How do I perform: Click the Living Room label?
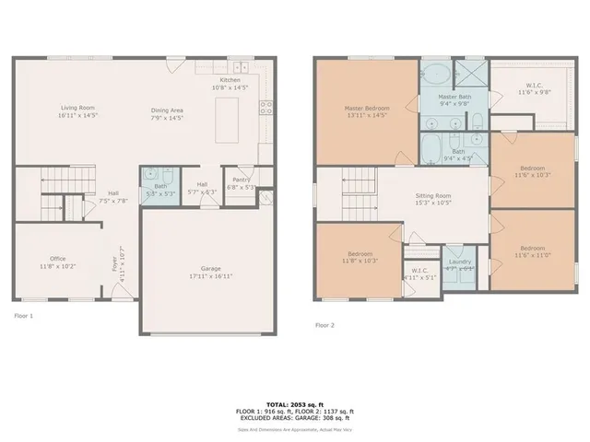[77, 109]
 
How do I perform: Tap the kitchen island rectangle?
[228, 120]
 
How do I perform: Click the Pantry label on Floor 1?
[242, 180]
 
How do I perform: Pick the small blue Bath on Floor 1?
[160, 187]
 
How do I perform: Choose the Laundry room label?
[458, 262]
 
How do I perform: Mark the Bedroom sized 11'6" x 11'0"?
[532, 249]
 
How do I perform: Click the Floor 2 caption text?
[326, 325]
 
